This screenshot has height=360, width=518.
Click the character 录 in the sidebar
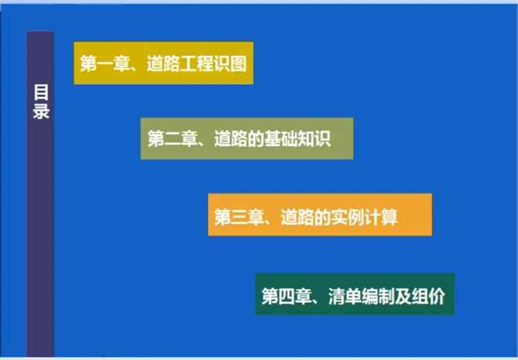click(x=41, y=111)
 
